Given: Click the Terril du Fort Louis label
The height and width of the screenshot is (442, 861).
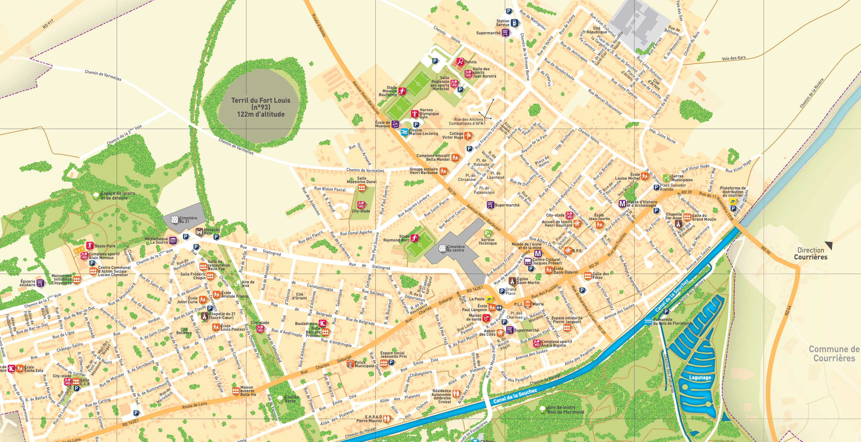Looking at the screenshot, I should pos(261,107).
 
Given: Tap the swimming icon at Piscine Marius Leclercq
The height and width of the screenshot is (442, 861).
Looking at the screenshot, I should pos(404,132).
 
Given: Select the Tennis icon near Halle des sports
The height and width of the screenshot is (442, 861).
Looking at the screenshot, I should pos(460,61).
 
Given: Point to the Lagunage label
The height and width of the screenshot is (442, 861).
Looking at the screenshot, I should pos(700,377).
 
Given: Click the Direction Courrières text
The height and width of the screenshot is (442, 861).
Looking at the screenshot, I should pos(811,253).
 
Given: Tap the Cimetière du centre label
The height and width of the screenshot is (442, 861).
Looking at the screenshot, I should pos(456,248).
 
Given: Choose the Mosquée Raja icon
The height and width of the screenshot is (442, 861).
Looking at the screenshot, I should pos(200,231).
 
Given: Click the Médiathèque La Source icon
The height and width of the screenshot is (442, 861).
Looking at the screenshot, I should pos(173,241).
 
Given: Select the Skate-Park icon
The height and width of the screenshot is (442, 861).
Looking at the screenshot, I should pos(89,246).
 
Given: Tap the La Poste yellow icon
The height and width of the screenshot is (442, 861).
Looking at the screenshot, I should pos(489,299).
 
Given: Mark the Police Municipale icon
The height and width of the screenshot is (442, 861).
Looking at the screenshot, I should pos(350,364).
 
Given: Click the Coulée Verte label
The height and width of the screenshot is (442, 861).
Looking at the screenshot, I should pos(290,399).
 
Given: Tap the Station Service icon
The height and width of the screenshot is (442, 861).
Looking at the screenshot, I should pos(515,23).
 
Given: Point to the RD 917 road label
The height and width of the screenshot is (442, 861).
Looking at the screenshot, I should pos(48,24).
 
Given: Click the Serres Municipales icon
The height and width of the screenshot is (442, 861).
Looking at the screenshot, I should pos(666,178).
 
